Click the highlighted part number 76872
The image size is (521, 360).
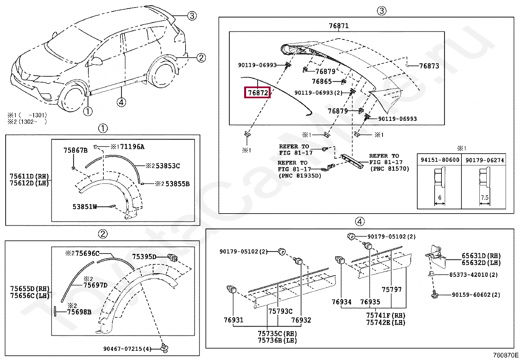point(258,93)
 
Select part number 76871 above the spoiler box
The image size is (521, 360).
point(338,26)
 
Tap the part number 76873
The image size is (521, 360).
point(429,66)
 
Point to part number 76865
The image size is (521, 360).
point(322,82)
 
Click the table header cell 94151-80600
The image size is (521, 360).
point(440,160)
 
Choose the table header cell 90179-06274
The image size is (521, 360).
point(484,160)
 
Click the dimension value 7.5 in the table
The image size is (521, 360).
point(485,198)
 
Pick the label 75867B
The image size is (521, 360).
point(76,150)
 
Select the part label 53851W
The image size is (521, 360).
point(85,207)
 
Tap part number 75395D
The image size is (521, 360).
point(144,256)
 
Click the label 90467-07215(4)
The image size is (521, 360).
point(127,349)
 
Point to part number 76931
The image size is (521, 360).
point(234,320)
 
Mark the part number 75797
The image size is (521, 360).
point(391,290)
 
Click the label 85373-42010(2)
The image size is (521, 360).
point(473,275)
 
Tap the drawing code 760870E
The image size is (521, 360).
point(506,355)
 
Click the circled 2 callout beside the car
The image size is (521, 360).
point(201,58)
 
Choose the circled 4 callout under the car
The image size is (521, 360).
point(121,103)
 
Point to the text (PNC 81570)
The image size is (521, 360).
point(389,169)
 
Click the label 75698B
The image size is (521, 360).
point(79,312)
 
